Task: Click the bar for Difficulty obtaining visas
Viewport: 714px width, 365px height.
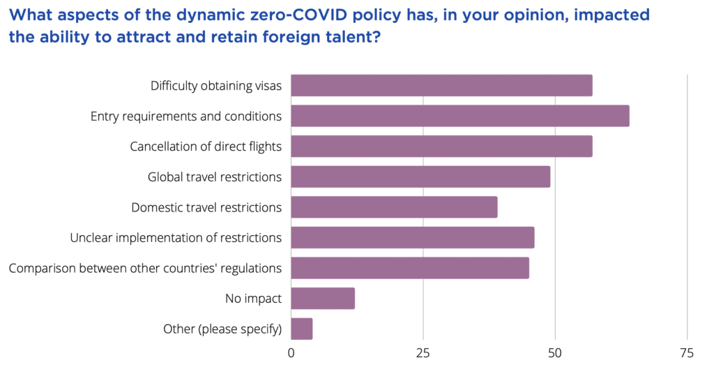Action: (x=441, y=85)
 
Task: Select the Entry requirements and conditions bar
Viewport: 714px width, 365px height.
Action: (x=459, y=116)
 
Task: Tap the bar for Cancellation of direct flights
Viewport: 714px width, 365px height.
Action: (x=441, y=147)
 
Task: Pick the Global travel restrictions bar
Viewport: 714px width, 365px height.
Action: (x=420, y=177)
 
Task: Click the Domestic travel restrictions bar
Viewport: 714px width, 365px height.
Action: (x=394, y=207)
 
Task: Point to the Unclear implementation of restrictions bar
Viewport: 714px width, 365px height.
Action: (x=412, y=237)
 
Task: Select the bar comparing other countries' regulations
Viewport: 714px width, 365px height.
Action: (x=410, y=268)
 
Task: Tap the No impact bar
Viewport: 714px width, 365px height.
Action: (x=323, y=298)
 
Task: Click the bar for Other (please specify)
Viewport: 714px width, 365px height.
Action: (x=301, y=329)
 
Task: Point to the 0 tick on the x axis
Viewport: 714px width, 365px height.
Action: (x=291, y=352)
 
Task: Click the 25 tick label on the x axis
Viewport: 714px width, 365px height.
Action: (x=423, y=352)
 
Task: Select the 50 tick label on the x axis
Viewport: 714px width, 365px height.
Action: (x=555, y=352)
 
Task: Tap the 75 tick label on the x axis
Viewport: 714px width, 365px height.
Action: (x=687, y=352)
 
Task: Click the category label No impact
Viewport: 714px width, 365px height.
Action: (x=253, y=299)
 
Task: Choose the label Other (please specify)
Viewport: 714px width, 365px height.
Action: (x=222, y=329)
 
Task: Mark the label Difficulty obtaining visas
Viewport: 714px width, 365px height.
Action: (x=216, y=86)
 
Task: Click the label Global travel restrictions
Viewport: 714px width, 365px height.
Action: (x=215, y=177)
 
